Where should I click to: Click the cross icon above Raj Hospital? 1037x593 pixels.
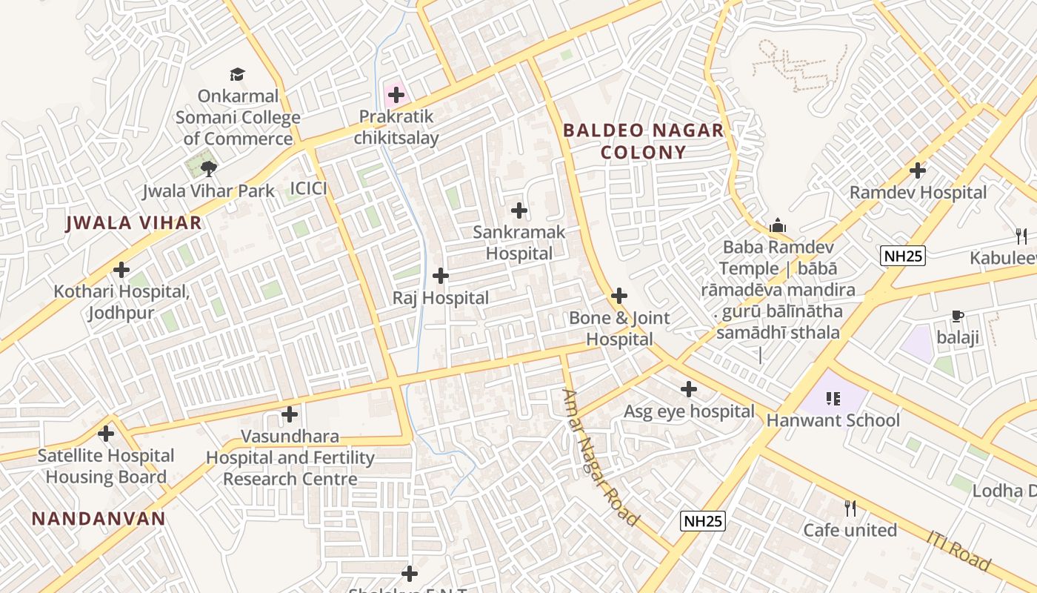click(441, 276)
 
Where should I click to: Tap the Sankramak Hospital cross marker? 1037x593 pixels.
click(519, 211)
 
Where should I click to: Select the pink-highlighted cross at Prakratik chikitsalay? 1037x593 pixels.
click(396, 95)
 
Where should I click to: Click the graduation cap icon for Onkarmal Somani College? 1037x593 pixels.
click(237, 74)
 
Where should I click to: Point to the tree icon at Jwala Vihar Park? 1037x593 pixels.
click(209, 169)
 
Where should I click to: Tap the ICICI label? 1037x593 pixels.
click(308, 188)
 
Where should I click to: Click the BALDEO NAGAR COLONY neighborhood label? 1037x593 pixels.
click(643, 142)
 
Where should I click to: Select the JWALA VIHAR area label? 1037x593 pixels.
click(133, 222)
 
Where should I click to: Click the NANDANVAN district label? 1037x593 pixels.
click(99, 518)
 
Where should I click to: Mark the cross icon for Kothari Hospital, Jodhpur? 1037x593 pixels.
click(121, 270)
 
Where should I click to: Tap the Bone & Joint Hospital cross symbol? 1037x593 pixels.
click(619, 296)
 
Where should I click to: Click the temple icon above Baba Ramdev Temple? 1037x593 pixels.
click(778, 225)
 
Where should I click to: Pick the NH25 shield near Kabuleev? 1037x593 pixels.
click(903, 256)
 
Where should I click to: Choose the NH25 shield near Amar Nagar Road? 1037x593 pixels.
click(702, 521)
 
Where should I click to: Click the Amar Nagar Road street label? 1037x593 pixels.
click(599, 457)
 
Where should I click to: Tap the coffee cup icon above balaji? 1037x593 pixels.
click(957, 317)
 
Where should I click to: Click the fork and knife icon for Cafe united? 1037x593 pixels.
click(850, 508)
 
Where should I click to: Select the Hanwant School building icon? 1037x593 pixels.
click(833, 399)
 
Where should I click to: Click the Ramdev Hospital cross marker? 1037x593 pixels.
click(918, 170)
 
